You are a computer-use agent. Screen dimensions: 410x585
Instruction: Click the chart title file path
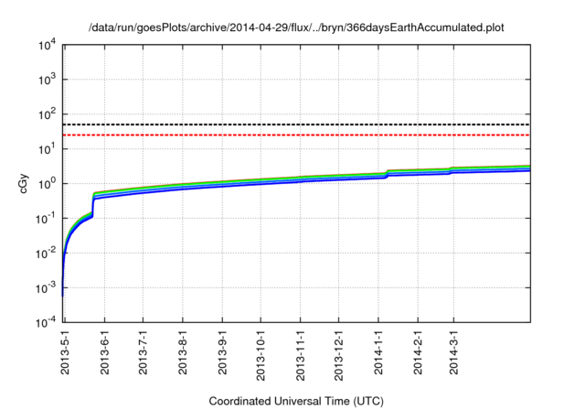point(296,28)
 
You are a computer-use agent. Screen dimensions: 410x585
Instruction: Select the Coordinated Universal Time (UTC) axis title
point(296,401)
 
